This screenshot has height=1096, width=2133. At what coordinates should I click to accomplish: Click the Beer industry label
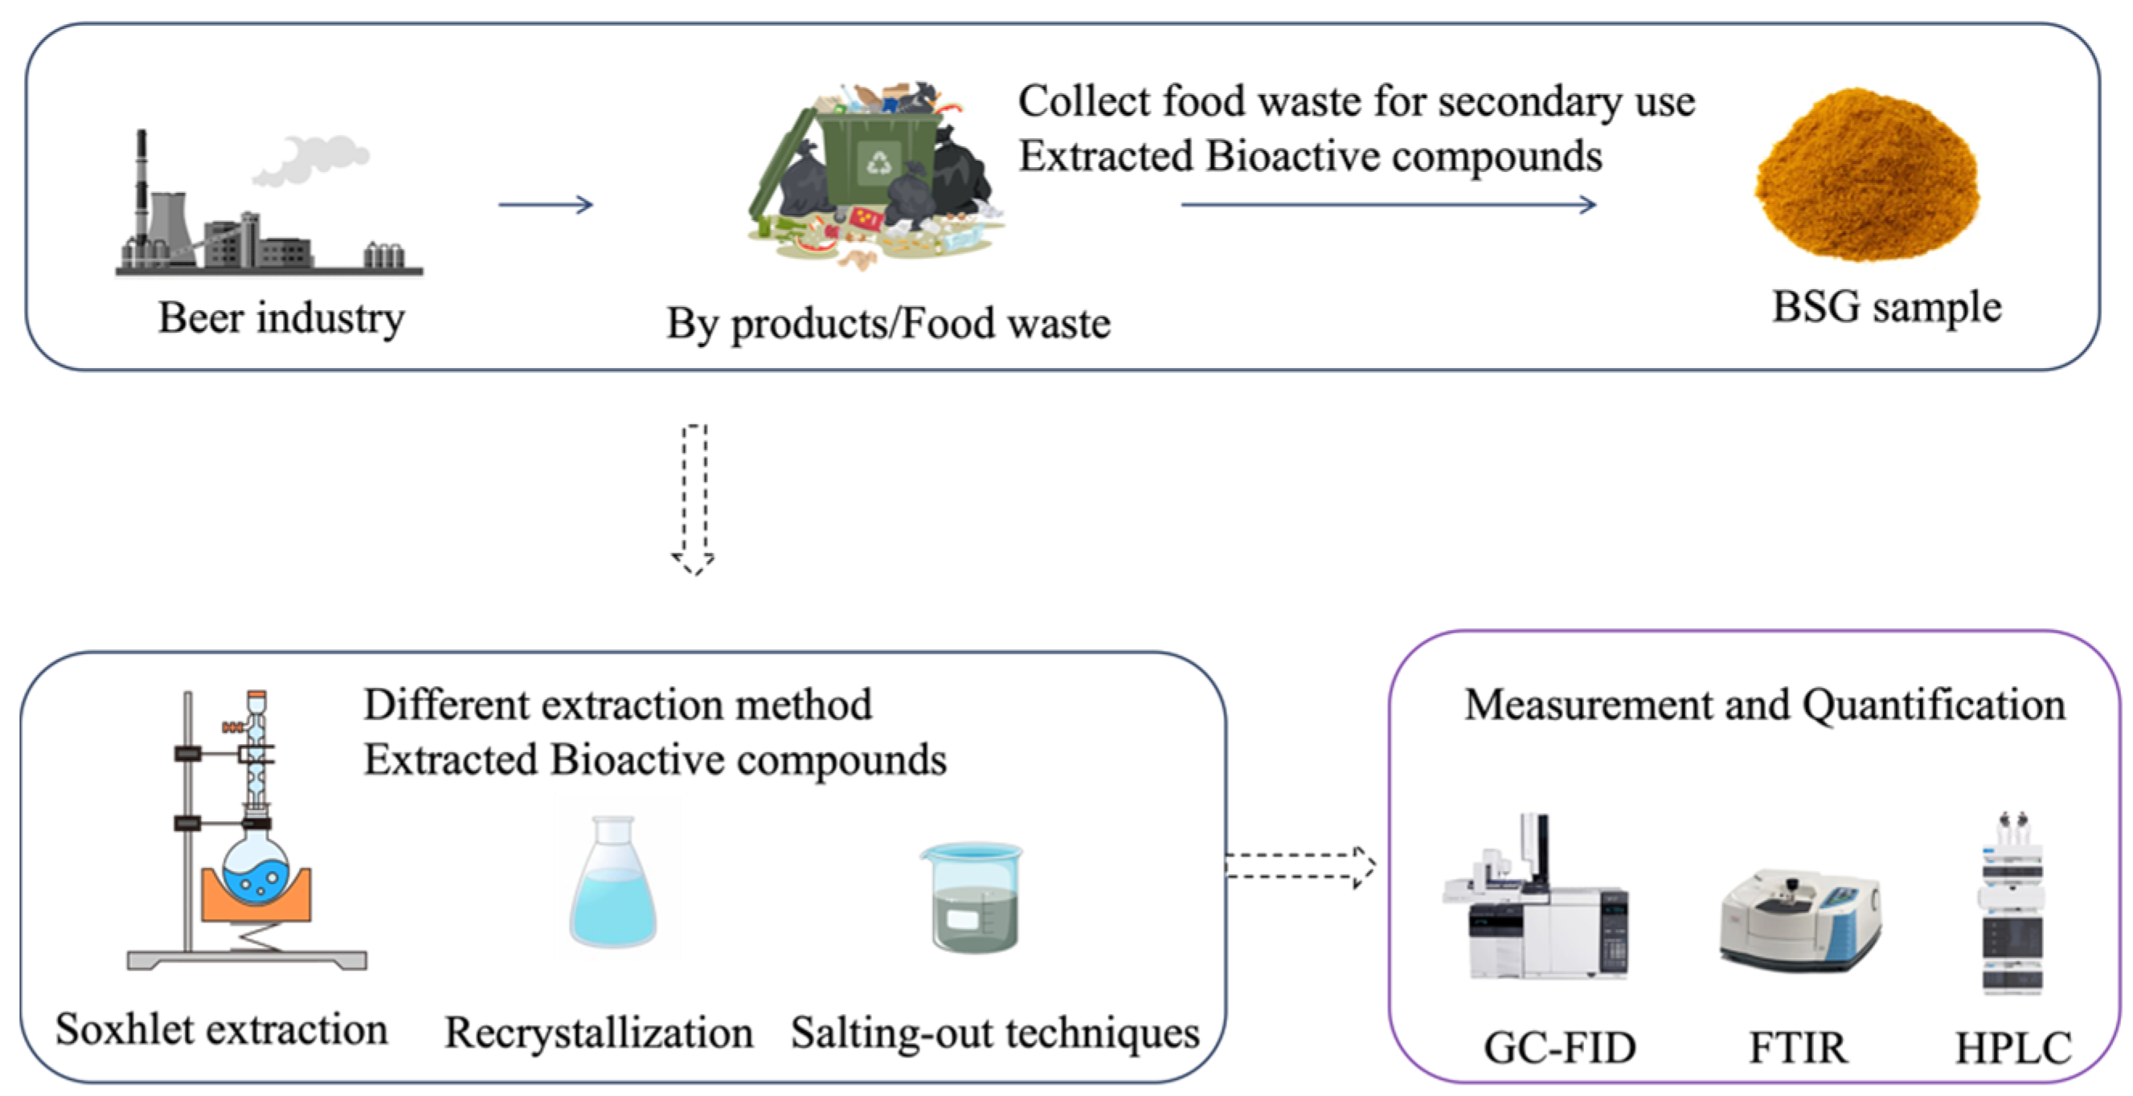(x=281, y=318)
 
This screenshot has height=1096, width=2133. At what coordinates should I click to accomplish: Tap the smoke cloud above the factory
(x=310, y=160)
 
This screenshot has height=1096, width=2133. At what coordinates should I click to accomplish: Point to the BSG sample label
(x=1886, y=307)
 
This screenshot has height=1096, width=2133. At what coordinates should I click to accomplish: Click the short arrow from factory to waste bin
(x=546, y=204)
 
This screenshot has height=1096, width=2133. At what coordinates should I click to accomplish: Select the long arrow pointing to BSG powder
(x=1388, y=204)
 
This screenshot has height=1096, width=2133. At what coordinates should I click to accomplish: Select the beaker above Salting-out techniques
(x=974, y=898)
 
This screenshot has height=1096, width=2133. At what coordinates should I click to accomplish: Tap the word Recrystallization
(x=599, y=1033)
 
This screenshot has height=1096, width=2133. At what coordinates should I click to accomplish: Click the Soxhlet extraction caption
(x=221, y=1030)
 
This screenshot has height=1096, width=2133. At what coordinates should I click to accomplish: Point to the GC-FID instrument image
(x=1537, y=902)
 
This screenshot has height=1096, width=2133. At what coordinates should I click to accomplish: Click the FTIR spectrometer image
(x=1800, y=919)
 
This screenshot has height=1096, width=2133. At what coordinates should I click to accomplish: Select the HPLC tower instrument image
(x=2011, y=906)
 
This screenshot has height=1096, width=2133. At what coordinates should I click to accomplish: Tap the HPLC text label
(x=2013, y=1047)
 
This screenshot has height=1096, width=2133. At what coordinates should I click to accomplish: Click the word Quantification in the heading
(x=1934, y=705)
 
